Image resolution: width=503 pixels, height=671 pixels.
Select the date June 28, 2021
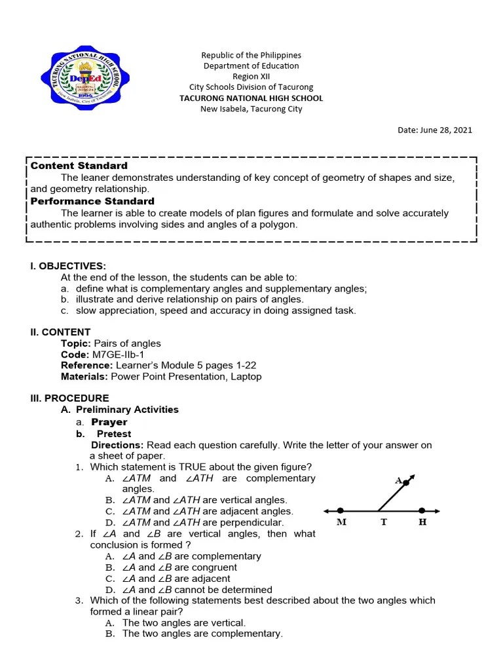click(x=435, y=130)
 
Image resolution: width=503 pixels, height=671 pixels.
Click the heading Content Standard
click(x=79, y=166)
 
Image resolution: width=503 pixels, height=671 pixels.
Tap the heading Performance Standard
click(x=92, y=201)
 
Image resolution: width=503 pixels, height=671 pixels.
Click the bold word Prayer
click(x=109, y=422)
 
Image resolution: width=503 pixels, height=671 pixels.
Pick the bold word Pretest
click(x=114, y=434)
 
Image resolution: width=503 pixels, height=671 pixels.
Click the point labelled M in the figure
click(x=341, y=510)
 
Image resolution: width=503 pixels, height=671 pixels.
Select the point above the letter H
click(x=422, y=510)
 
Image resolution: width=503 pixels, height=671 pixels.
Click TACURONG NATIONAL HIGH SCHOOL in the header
click(x=251, y=98)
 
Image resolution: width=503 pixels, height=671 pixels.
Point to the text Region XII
click(x=251, y=76)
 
